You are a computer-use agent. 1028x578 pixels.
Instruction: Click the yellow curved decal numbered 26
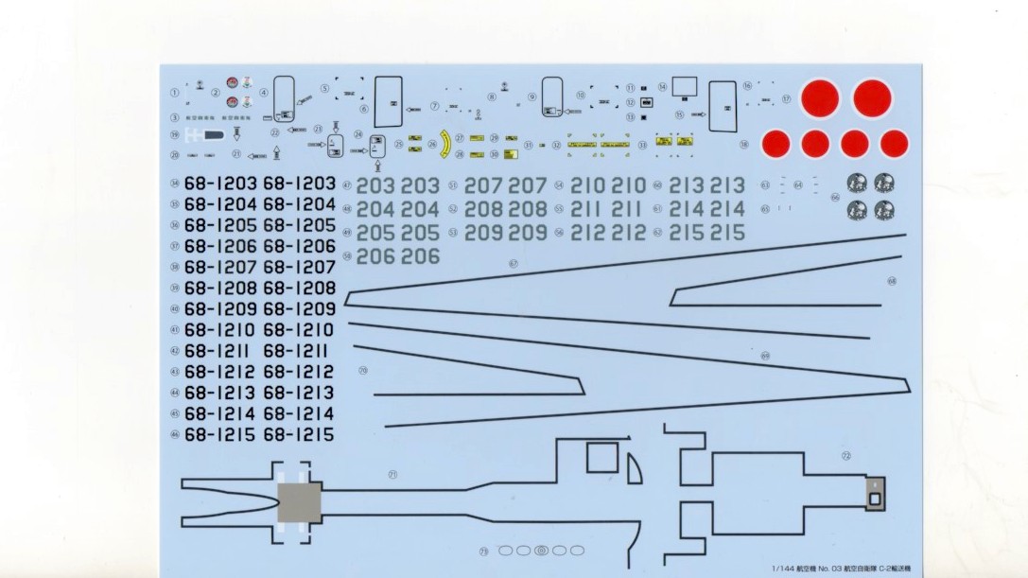444,143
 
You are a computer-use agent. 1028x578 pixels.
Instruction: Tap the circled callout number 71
392,474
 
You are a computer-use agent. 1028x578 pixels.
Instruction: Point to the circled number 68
892,281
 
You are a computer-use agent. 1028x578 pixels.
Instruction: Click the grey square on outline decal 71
300,501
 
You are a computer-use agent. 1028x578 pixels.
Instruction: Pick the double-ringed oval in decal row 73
541,550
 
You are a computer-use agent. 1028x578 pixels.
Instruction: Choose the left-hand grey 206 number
376,256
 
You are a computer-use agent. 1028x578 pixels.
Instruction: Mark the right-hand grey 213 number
728,185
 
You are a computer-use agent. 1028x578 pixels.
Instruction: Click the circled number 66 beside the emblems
835,198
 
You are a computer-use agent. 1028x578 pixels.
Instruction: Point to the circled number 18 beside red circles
744,145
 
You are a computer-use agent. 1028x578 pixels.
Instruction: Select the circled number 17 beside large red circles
786,98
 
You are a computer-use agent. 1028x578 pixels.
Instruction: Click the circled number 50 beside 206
348,256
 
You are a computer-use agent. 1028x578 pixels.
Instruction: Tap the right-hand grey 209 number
528,233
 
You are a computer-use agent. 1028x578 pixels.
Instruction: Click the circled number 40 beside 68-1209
175,309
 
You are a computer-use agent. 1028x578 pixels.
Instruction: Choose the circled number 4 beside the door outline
264,93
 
